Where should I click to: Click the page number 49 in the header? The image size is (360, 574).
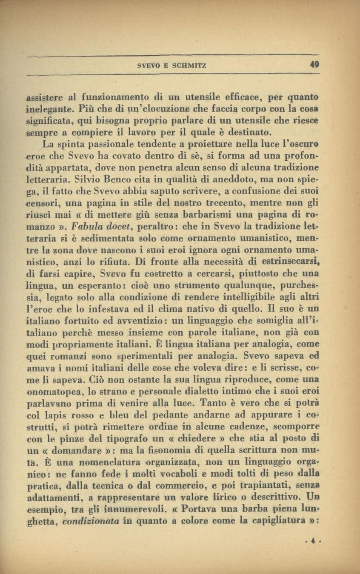pos(314,65)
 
